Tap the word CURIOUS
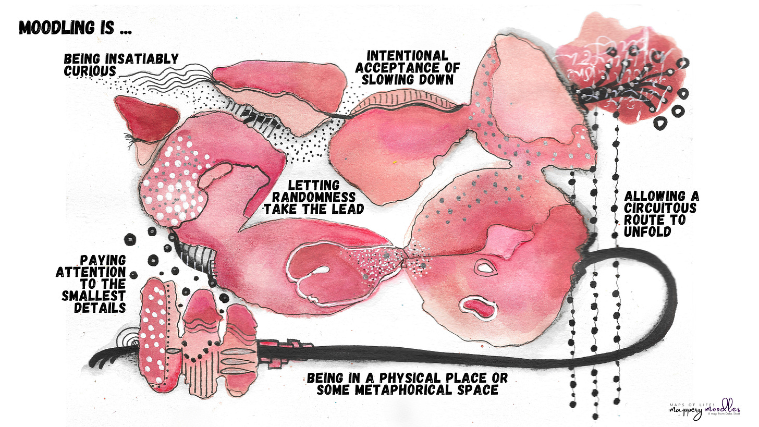click(90, 71)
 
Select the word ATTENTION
click(91, 272)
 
